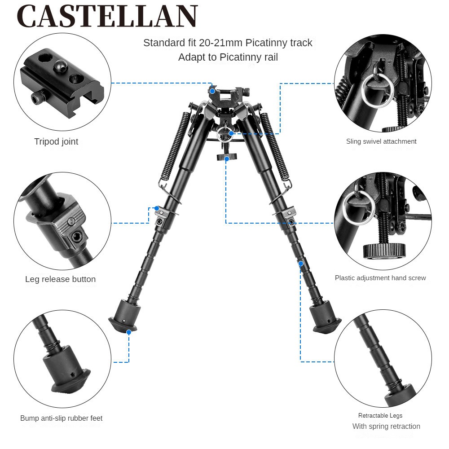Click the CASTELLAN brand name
[x=107, y=16]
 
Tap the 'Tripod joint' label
[x=56, y=141]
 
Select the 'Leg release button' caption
[x=61, y=279]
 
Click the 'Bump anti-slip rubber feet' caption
[x=61, y=418]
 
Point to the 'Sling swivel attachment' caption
[x=381, y=141]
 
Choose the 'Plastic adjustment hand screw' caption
[x=380, y=278]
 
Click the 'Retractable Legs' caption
[x=380, y=415]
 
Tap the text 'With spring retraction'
[x=386, y=427]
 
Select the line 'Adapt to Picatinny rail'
[x=228, y=57]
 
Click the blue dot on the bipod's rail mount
[x=212, y=91]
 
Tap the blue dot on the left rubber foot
[x=129, y=332]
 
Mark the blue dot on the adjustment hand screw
[x=227, y=158]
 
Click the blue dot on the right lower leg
[x=301, y=264]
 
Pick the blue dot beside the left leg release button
[x=157, y=208]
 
